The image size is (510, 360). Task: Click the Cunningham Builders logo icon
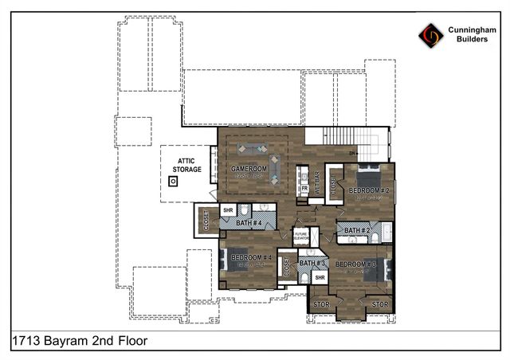430,35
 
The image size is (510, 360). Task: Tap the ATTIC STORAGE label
188,165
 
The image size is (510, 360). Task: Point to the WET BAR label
316,184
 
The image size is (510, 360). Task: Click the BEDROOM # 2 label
367,191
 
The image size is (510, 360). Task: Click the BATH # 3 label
312,263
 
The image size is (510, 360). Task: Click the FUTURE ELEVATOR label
301,236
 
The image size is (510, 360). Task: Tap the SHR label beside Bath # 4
227,211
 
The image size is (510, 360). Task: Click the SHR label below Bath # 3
320,278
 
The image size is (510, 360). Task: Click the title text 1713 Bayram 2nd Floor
80,340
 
